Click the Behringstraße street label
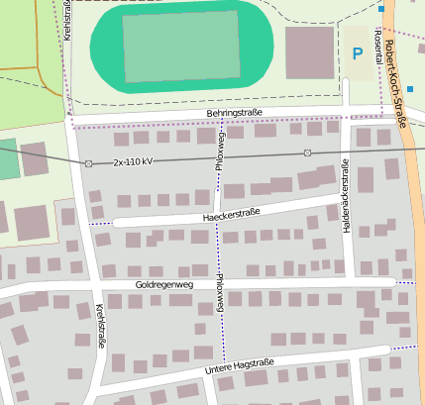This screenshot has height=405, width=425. [x=235, y=114]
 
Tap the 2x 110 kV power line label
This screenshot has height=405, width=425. [x=133, y=160]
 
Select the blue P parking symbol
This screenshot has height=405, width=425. [x=357, y=53]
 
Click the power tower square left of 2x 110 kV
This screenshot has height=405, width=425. [x=88, y=162]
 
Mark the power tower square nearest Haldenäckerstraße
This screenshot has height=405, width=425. [x=307, y=152]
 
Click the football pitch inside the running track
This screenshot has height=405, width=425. [x=180, y=46]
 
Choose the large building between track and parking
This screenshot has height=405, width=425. [x=309, y=52]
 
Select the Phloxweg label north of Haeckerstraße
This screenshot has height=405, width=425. [x=221, y=149]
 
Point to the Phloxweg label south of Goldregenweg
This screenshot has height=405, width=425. [x=220, y=294]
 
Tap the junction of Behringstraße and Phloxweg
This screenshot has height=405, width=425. [x=221, y=119]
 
